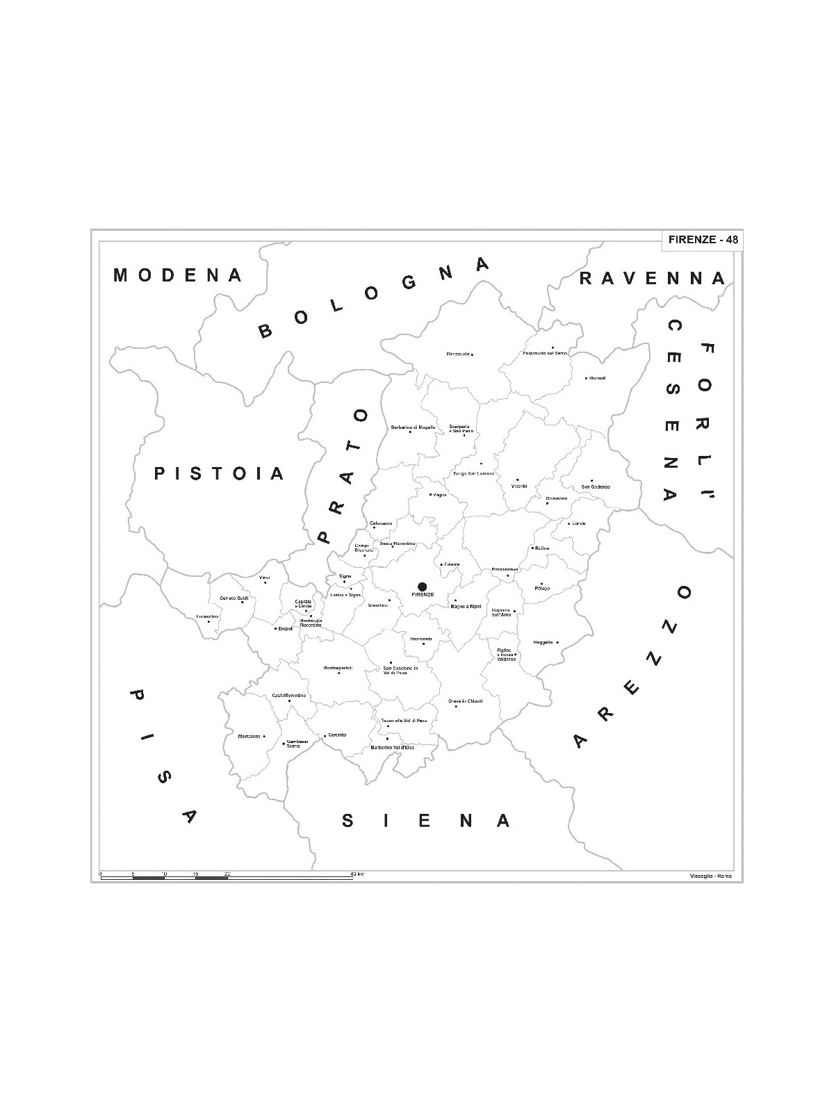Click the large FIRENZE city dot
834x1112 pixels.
(x=422, y=587)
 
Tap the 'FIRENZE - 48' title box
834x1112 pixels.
(x=703, y=240)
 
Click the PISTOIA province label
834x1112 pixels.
(x=220, y=474)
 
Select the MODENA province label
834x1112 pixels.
(x=178, y=275)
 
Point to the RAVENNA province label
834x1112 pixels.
(x=653, y=279)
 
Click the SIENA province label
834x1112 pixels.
(x=427, y=821)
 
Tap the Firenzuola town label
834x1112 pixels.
(x=459, y=354)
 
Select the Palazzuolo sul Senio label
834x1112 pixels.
(x=545, y=353)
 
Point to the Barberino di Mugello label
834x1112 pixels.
(x=413, y=427)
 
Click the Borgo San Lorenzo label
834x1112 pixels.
(x=473, y=473)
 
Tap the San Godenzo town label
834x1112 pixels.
(x=596, y=486)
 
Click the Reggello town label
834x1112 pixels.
(x=543, y=642)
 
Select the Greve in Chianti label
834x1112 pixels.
(x=465, y=701)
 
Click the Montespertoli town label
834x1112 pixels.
(x=338, y=668)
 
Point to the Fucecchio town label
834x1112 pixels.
(x=208, y=616)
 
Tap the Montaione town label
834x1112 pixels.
(x=249, y=736)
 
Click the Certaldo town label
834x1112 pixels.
(x=337, y=735)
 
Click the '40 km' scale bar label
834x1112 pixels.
(x=357, y=873)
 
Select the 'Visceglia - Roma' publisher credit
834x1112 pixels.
(x=712, y=875)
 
